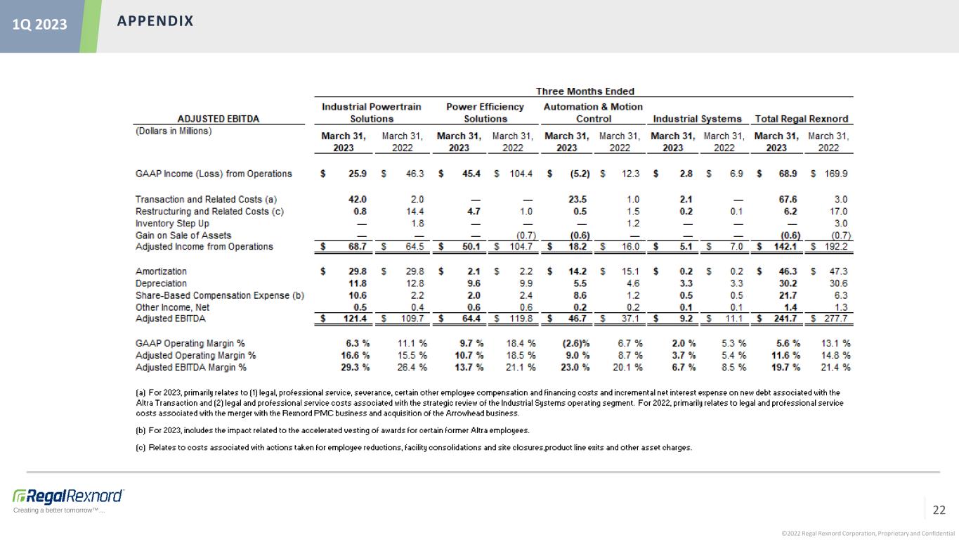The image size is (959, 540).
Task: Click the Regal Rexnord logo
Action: (x=68, y=496)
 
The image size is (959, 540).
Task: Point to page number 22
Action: (x=939, y=510)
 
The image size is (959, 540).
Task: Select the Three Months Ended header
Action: (x=585, y=91)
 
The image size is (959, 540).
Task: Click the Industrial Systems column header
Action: (x=698, y=118)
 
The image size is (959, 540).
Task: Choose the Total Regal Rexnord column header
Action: (x=802, y=118)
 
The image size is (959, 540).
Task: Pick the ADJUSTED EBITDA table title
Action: (x=218, y=118)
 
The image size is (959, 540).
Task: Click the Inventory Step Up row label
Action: (x=172, y=224)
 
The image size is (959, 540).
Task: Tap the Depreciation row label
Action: (x=161, y=283)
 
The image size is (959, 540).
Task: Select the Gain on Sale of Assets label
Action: (x=183, y=235)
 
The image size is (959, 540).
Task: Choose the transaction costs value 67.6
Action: (x=788, y=199)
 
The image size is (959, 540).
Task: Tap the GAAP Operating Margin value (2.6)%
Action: (x=575, y=343)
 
